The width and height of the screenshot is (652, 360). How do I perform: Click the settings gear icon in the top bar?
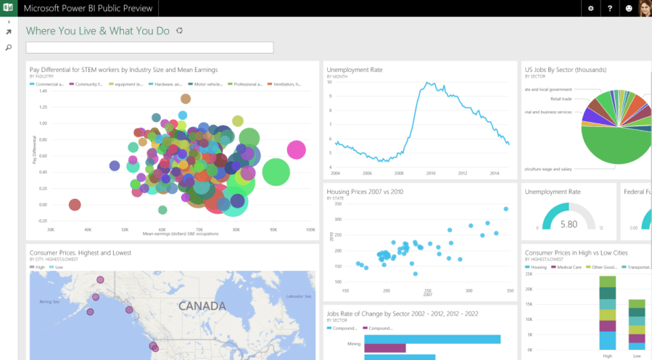(590, 9)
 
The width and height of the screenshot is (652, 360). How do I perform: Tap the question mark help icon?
(609, 9)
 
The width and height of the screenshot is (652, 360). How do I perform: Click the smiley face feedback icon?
(628, 9)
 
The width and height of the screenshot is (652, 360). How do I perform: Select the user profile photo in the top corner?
(644, 9)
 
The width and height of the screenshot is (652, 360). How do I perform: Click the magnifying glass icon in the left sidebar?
(9, 47)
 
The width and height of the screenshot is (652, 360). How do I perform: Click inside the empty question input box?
(149, 48)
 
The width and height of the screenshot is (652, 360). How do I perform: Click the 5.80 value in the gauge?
(569, 224)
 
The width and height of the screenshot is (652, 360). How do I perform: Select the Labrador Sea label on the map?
(298, 297)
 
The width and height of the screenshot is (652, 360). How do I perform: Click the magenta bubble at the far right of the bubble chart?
(295, 150)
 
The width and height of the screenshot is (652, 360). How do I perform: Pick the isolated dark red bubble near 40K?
(74, 205)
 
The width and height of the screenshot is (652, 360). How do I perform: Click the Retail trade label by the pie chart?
(561, 98)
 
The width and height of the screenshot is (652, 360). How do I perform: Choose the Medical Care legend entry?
(569, 267)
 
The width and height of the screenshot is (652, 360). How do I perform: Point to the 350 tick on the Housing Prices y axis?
(338, 199)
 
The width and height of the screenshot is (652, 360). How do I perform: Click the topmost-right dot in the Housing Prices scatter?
(505, 209)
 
